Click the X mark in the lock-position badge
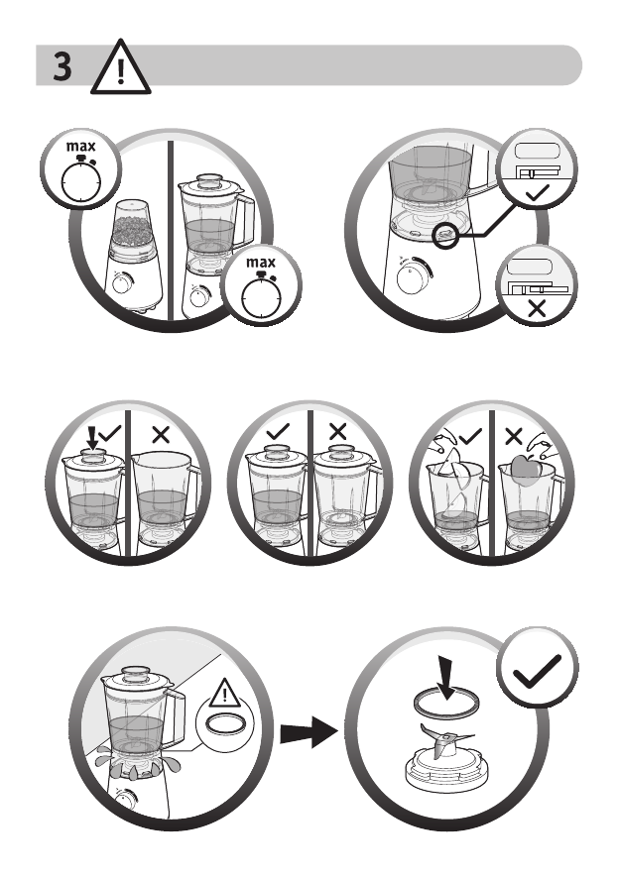pyautogui.click(x=537, y=306)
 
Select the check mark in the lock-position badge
pyautogui.click(x=537, y=190)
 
